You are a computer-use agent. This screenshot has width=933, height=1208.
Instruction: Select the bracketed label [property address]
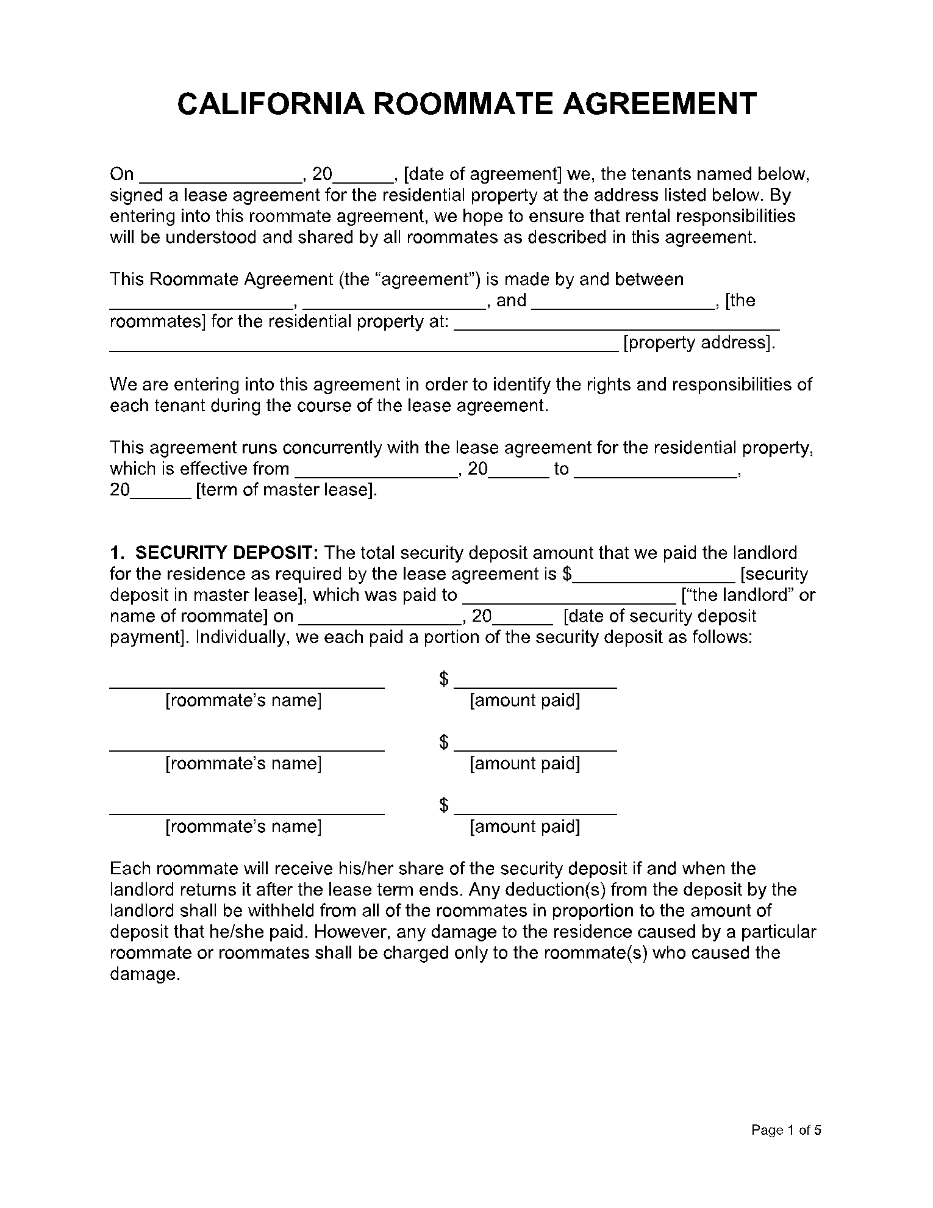tap(699, 342)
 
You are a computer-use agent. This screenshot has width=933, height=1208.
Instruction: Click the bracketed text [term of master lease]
tap(286, 490)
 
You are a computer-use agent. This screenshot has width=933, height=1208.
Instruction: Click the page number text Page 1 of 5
tap(786, 1130)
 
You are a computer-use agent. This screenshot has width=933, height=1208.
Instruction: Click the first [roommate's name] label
tap(243, 700)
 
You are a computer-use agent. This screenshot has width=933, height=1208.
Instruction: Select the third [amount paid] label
tap(524, 827)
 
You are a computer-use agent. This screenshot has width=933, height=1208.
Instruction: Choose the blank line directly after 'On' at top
tap(221, 180)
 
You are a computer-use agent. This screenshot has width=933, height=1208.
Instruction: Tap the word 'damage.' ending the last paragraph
tap(145, 974)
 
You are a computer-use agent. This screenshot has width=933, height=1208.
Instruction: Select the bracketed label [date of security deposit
tap(660, 616)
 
